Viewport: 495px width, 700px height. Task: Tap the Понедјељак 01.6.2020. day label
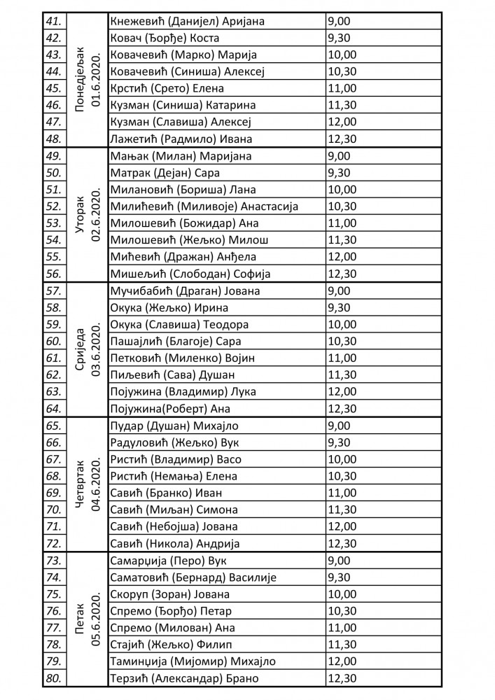click(x=88, y=80)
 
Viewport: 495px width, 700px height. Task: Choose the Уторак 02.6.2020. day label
click(x=88, y=214)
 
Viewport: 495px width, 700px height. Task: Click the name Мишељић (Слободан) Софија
click(x=190, y=274)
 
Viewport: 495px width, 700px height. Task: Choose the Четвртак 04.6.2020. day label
click(x=88, y=484)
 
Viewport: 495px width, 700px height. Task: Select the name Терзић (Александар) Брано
click(x=185, y=678)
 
